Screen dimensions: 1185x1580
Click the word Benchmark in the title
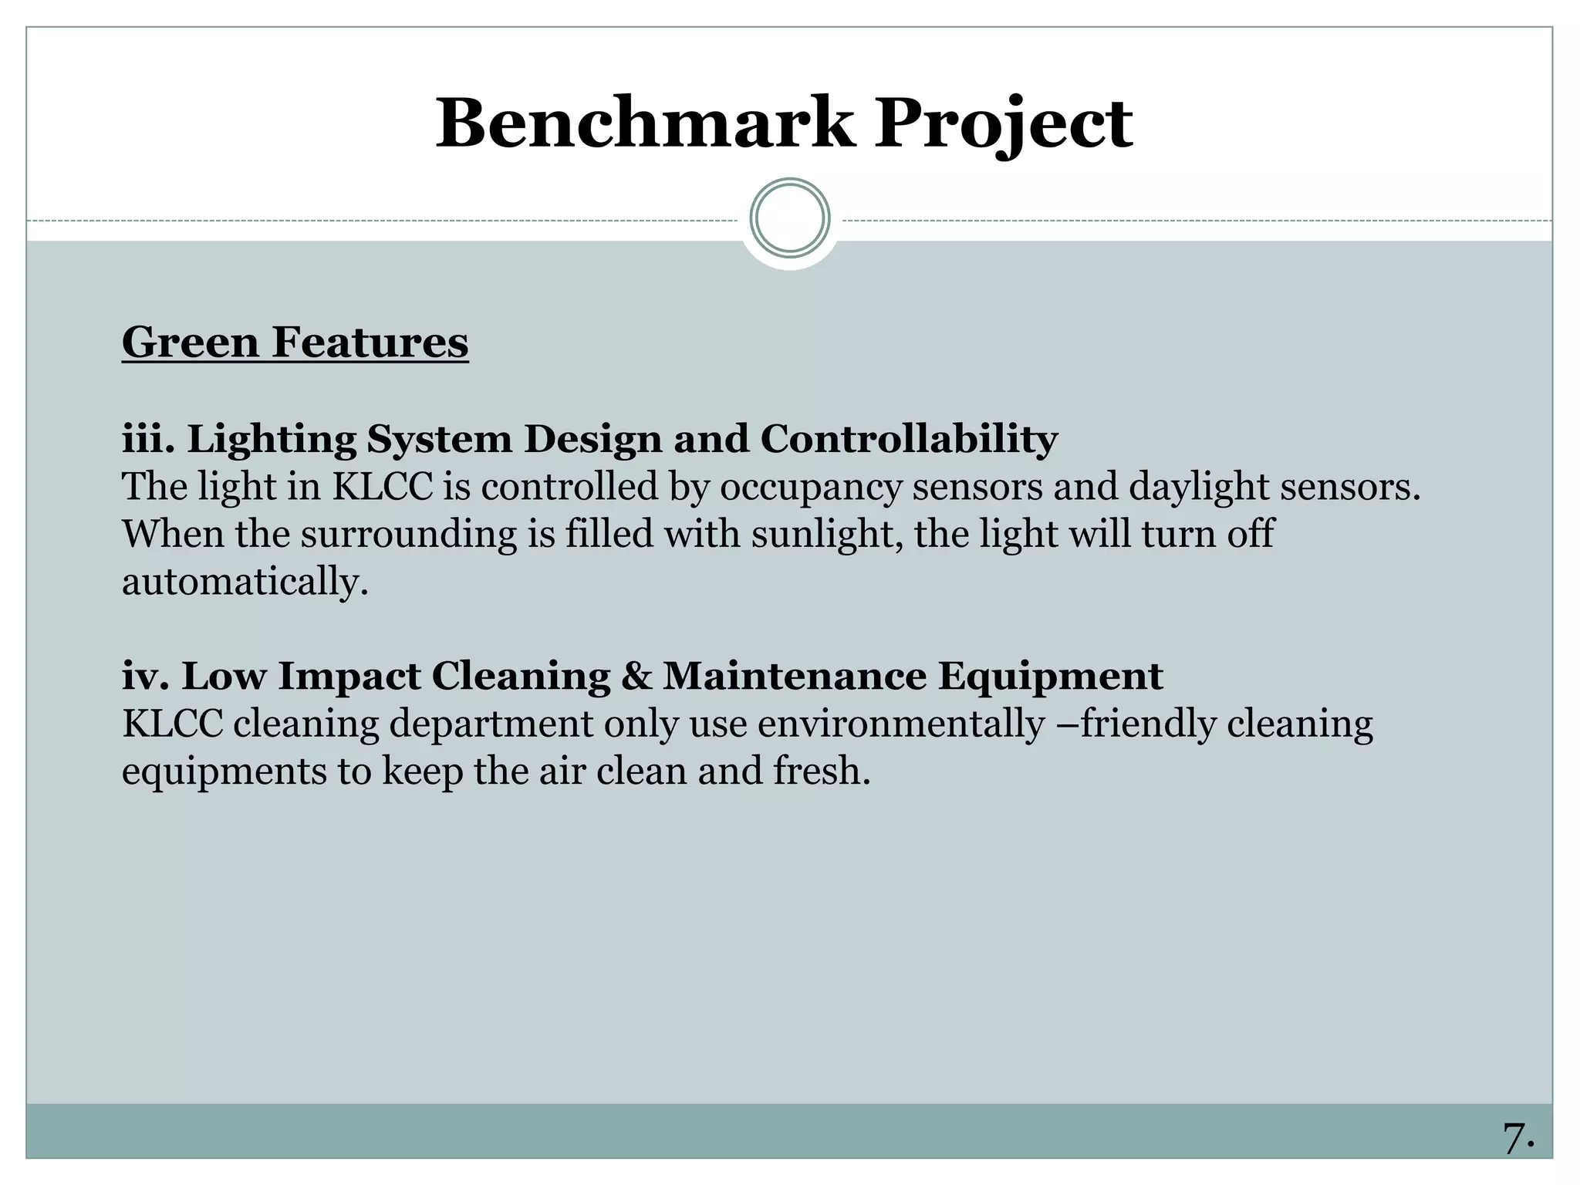(x=645, y=123)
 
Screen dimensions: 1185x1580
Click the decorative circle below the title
(x=790, y=218)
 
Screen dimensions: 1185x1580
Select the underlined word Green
(x=190, y=342)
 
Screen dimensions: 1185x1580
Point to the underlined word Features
(x=370, y=342)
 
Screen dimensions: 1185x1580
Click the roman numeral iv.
(x=145, y=676)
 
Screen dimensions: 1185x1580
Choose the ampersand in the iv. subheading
(x=636, y=676)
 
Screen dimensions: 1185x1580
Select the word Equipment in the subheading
(x=1050, y=677)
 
